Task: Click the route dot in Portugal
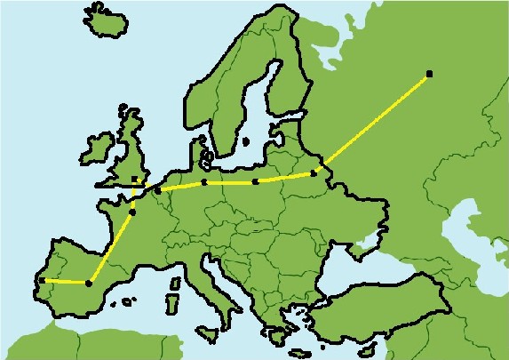point(42,280)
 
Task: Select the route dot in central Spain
point(88,284)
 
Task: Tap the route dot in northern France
point(132,212)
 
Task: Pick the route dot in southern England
point(135,180)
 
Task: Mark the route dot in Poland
point(256,181)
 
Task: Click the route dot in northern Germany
point(204,182)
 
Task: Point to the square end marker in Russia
point(429,73)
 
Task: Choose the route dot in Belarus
point(313,173)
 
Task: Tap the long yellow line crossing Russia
point(373,121)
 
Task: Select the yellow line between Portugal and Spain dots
point(65,282)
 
